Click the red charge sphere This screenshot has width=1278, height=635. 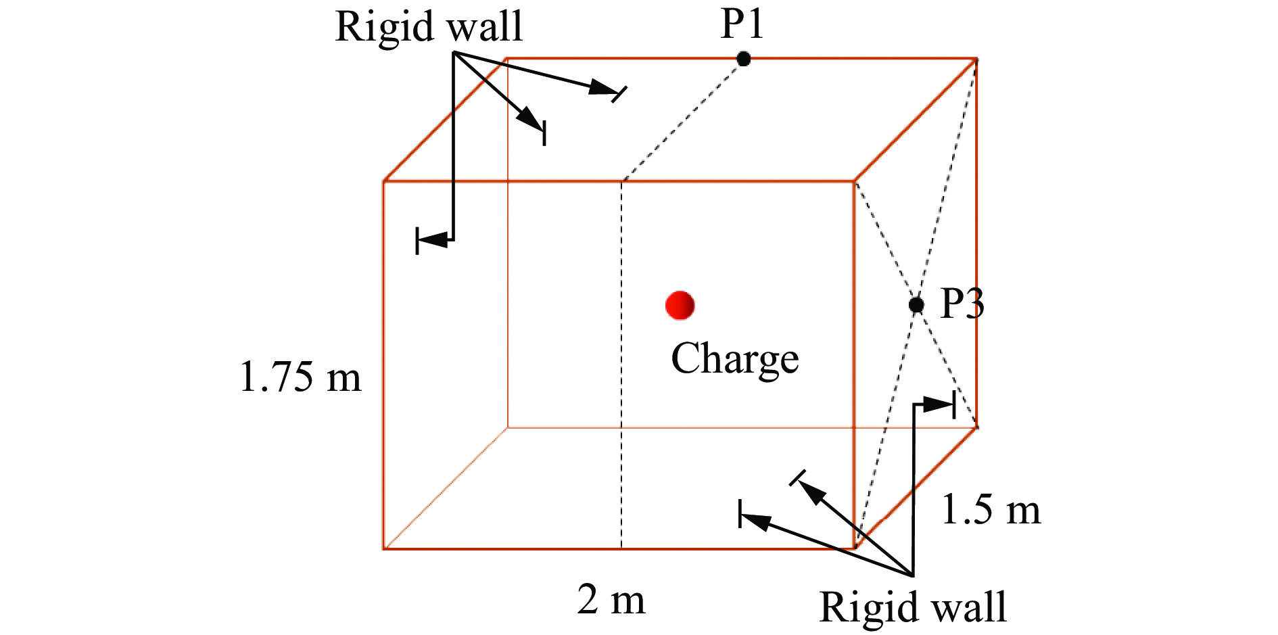(x=680, y=305)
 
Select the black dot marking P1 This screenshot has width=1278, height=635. (x=744, y=59)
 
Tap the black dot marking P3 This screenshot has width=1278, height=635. (x=916, y=305)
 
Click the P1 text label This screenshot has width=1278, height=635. (x=742, y=26)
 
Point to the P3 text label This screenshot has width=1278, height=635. (x=962, y=306)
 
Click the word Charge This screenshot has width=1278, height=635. (x=734, y=358)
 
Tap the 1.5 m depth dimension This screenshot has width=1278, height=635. (x=990, y=511)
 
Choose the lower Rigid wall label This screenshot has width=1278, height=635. (x=913, y=607)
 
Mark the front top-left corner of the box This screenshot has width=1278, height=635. (x=384, y=181)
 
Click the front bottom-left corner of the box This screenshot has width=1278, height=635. (x=384, y=548)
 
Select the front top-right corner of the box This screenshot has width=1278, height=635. (x=855, y=181)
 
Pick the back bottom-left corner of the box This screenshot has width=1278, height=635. (x=507, y=427)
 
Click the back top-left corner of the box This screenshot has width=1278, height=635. (x=507, y=59)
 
